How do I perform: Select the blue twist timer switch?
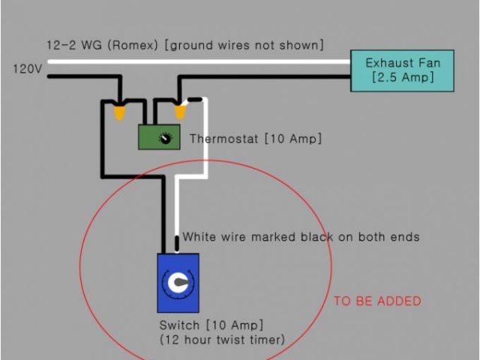pyautogui.click(x=178, y=283)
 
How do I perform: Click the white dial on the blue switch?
pyautogui.click(x=178, y=283)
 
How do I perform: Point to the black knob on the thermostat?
pyautogui.click(x=166, y=137)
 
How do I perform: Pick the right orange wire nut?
pyautogui.click(x=180, y=112)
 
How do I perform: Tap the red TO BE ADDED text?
pyautogui.click(x=377, y=301)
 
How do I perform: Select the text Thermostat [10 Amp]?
pyautogui.click(x=255, y=139)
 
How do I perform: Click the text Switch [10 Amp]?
pyautogui.click(x=211, y=325)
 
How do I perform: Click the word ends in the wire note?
pyautogui.click(x=402, y=237)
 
